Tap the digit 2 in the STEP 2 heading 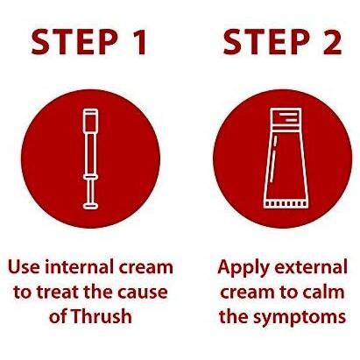tap(332, 42)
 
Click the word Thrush tap(102, 315)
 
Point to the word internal tap(80, 267)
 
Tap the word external tap(311, 267)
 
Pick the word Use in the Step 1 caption tap(24, 267)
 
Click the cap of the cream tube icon tap(286, 118)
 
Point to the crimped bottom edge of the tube tap(286, 203)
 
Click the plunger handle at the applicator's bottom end tap(90, 206)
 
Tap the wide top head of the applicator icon tap(90, 121)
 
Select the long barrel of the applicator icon tap(90, 154)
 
